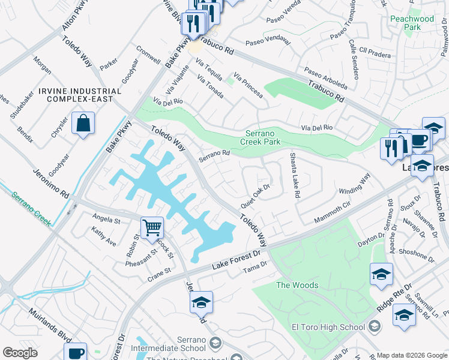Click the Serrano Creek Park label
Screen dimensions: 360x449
[263, 138]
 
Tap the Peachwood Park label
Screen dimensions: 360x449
[412, 23]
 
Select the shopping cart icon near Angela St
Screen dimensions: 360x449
[152, 227]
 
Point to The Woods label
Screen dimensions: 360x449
[297, 285]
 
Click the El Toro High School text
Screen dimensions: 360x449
[328, 327]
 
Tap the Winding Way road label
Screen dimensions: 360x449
[355, 185]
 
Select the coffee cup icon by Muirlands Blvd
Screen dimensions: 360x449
[76, 353]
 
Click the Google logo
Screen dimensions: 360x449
[20, 353]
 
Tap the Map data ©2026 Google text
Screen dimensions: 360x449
[412, 355]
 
